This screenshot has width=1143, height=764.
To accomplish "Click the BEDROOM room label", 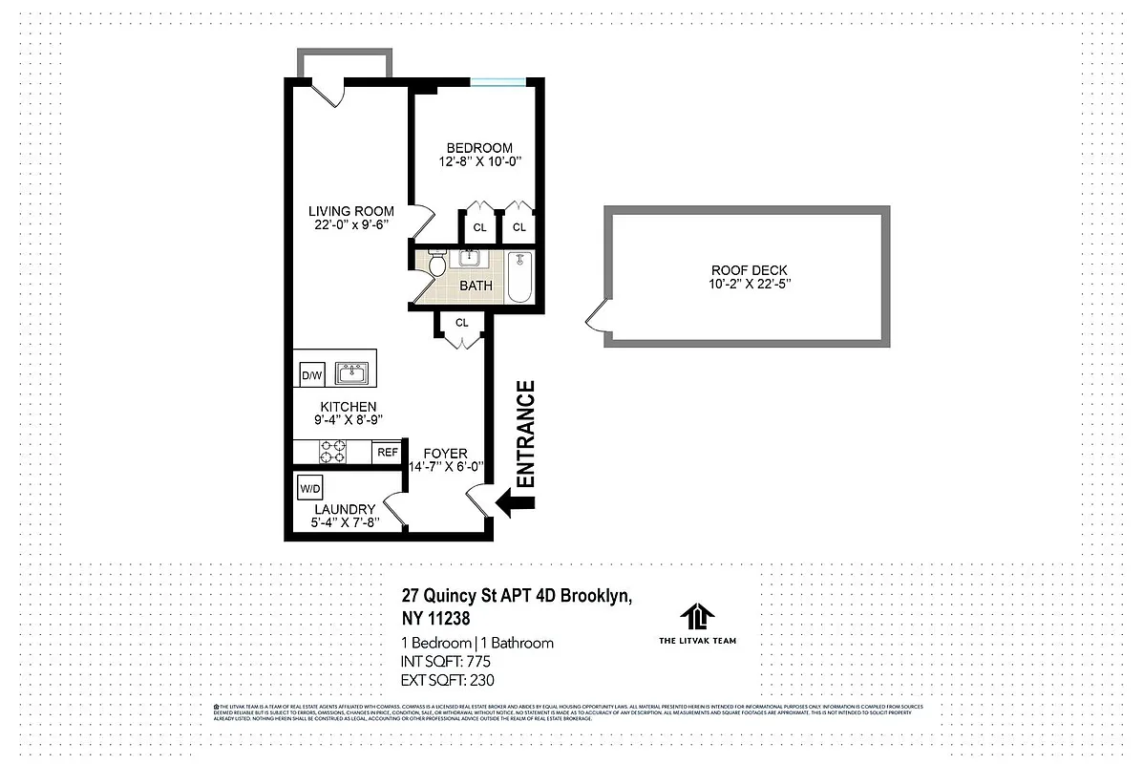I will pyautogui.click(x=479, y=148).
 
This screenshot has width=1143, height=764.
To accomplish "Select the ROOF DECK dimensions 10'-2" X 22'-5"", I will pyautogui.click(x=749, y=284).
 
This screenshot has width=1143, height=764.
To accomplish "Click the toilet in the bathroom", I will pyautogui.click(x=436, y=264).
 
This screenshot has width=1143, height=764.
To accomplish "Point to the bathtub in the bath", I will pyautogui.click(x=519, y=277).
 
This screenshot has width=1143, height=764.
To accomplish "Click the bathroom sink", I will pyautogui.click(x=470, y=258).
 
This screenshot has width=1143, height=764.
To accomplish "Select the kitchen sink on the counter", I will pyautogui.click(x=352, y=371).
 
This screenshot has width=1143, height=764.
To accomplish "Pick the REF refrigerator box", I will pyautogui.click(x=387, y=452).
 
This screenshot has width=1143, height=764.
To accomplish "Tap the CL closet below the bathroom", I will pyautogui.click(x=461, y=323).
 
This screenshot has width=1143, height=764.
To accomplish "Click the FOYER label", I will pyautogui.click(x=445, y=453).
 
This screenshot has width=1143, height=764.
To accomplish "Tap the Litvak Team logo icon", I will pyautogui.click(x=698, y=616).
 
